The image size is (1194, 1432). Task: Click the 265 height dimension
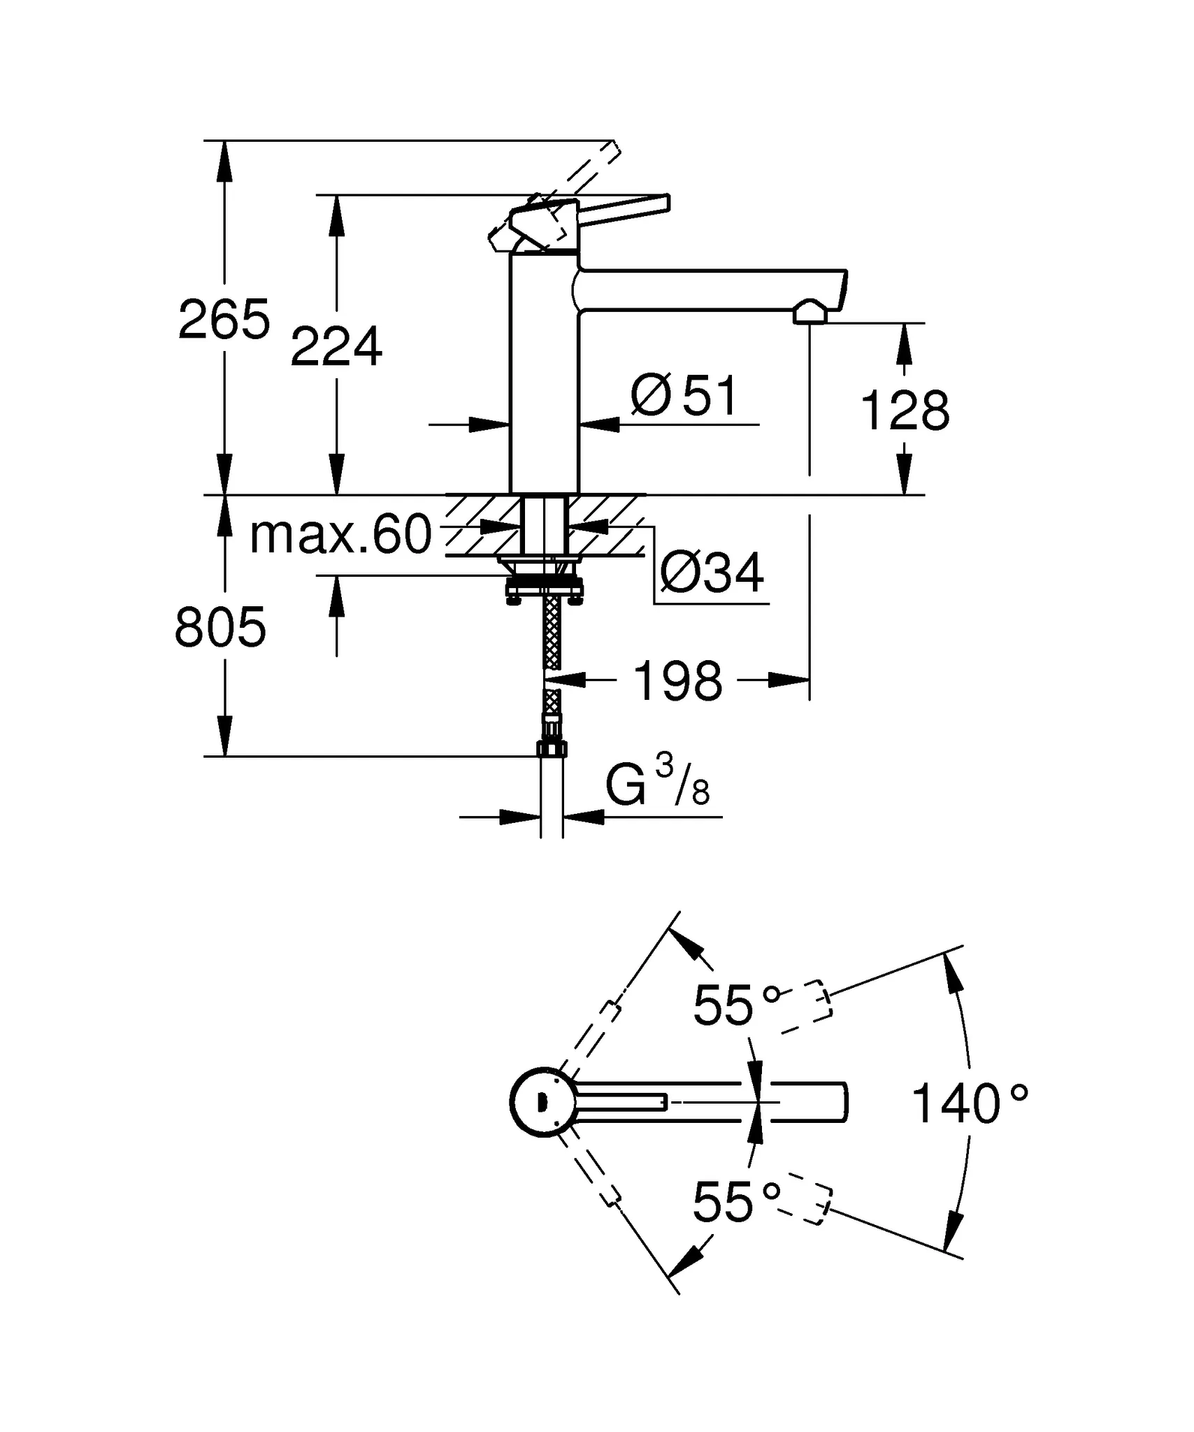tap(224, 320)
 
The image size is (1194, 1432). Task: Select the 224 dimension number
tap(336, 348)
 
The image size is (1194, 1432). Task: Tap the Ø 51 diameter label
tap(684, 396)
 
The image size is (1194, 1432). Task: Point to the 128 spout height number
tap(905, 411)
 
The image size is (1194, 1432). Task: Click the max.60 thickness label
tap(341, 536)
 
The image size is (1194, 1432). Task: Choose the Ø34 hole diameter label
tap(712, 573)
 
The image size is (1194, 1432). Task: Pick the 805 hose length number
tap(220, 627)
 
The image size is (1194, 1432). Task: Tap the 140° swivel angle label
tap(969, 1104)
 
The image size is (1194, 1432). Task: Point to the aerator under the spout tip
tap(810, 313)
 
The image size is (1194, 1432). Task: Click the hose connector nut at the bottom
tap(552, 749)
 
